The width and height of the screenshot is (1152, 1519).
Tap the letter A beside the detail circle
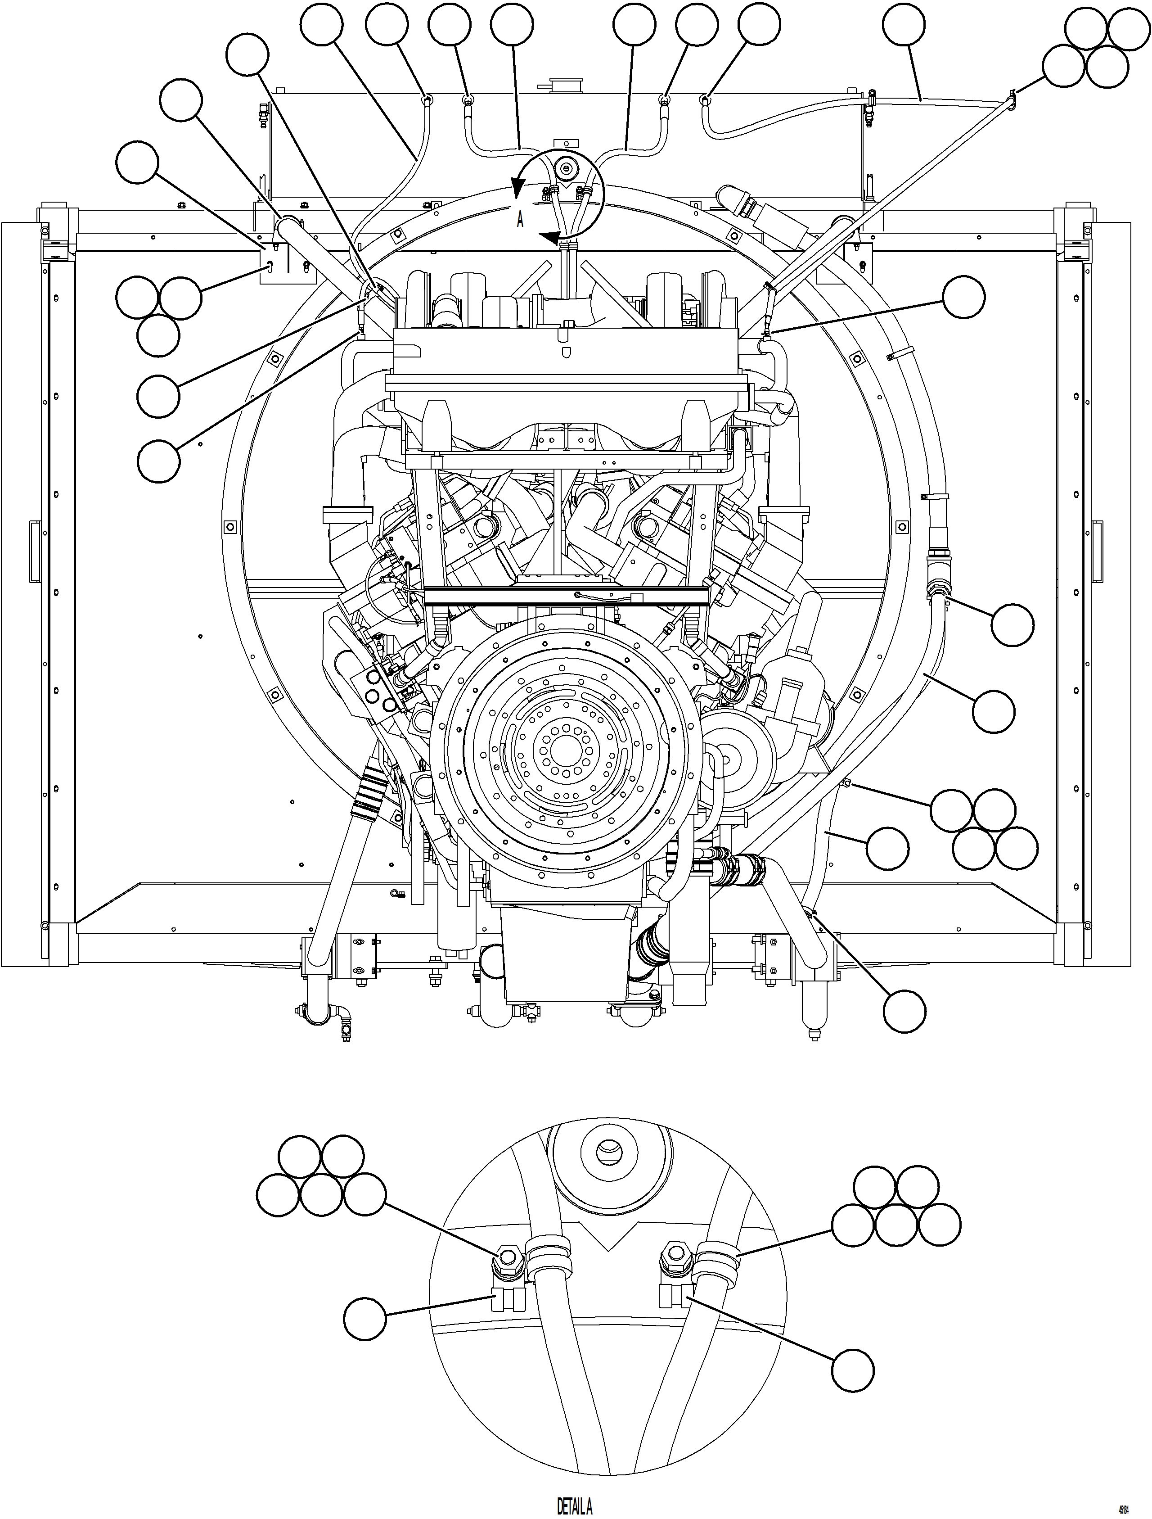[520, 220]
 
